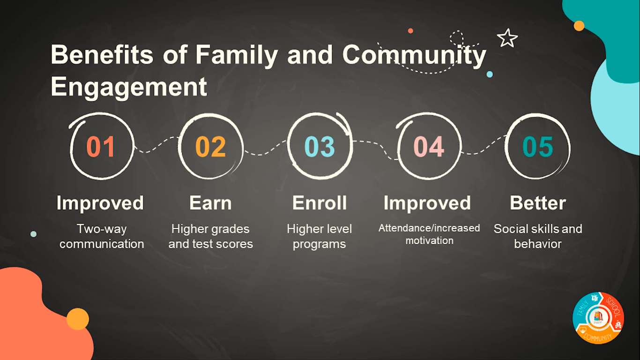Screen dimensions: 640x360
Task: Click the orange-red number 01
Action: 101,146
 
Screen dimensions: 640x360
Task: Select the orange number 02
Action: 210,146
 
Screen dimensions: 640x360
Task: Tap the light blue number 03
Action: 320,146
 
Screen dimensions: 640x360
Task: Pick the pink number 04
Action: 429,146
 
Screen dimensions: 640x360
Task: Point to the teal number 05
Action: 538,146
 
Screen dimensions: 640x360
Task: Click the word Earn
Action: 210,202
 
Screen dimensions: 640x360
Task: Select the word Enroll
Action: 320,202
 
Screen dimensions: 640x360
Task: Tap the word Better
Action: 538,202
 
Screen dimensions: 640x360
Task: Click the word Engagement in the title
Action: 129,87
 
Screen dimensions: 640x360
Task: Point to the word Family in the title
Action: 237,55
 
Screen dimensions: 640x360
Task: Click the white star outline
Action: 507,38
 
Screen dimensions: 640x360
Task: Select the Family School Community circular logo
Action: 598,318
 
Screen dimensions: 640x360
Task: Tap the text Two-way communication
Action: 101,236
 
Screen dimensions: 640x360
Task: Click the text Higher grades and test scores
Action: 210,236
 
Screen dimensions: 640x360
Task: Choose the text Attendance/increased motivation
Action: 429,234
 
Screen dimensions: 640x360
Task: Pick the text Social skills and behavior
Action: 538,236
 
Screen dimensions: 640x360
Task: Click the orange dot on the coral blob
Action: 78,319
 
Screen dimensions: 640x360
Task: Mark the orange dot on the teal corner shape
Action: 579,26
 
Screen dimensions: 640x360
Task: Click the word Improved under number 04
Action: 427,203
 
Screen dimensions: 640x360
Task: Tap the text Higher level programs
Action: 320,236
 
